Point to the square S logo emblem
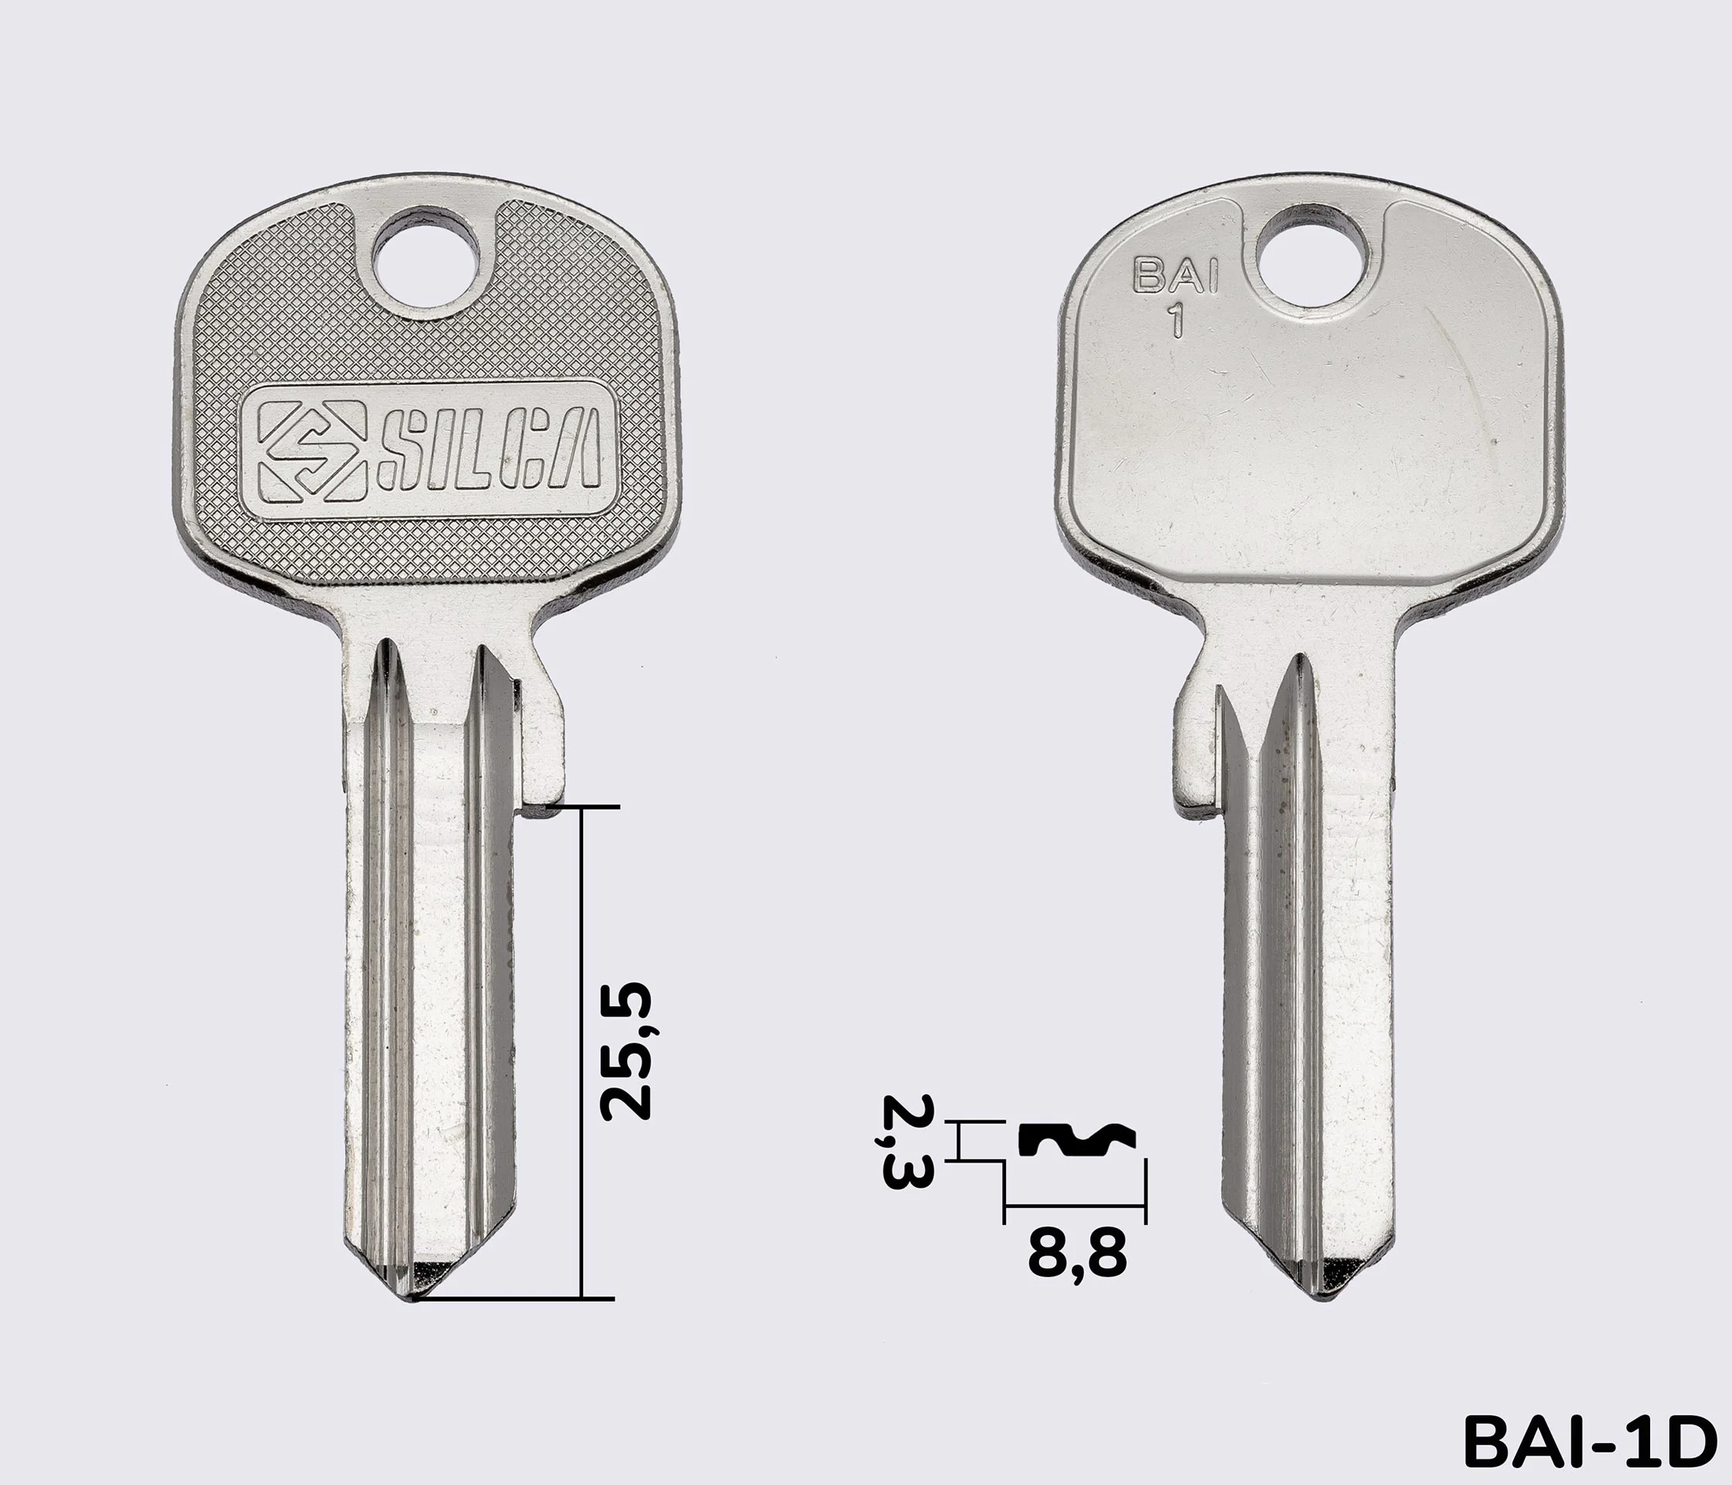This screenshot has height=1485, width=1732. pyautogui.click(x=311, y=452)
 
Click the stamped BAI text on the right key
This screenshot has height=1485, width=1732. pyautogui.click(x=1175, y=276)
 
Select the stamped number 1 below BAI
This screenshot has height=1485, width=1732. pyautogui.click(x=1177, y=320)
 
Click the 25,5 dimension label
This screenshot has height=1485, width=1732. pyautogui.click(x=626, y=1051)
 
